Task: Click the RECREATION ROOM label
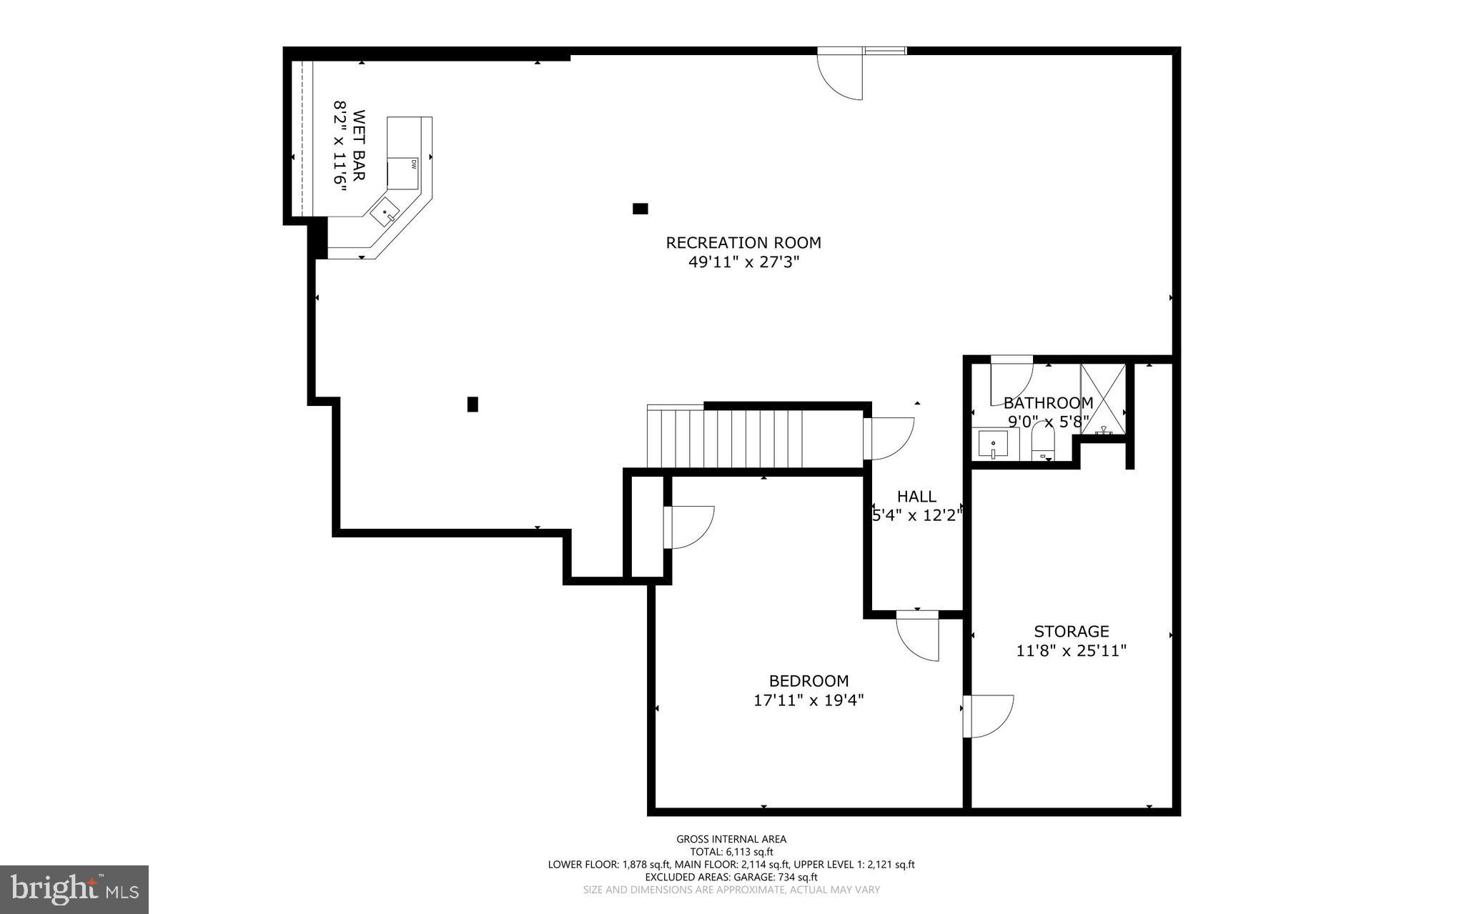point(743,243)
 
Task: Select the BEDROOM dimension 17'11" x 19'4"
point(808,700)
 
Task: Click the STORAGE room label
point(1071,632)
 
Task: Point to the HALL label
point(916,497)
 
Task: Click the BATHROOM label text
point(1048,403)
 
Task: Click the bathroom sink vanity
point(994,444)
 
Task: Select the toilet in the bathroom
point(1043,443)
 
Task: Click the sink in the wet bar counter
point(385,212)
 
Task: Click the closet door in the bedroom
point(688,527)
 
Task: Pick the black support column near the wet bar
point(640,209)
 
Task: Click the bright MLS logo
point(74,889)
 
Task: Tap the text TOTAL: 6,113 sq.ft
point(731,852)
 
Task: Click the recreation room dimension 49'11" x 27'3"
point(743,262)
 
